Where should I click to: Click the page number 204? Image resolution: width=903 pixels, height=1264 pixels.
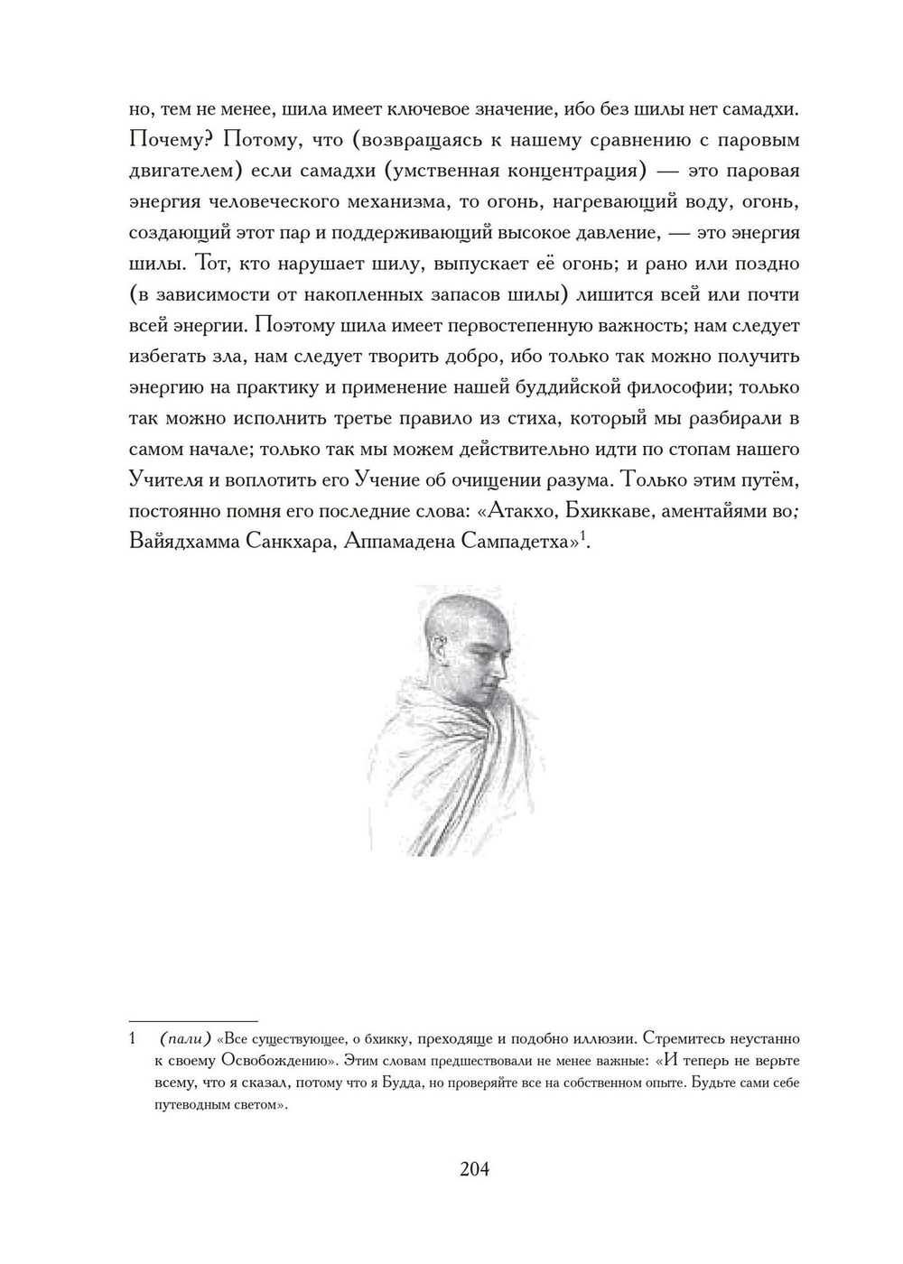[x=474, y=1169]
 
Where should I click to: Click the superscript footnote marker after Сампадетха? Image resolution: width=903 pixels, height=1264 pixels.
[x=583, y=536]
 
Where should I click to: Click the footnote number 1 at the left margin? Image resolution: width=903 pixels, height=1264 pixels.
[x=133, y=1039]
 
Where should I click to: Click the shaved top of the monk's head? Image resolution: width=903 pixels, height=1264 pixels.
[x=465, y=603]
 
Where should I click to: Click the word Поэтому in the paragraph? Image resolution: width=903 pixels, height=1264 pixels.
[x=296, y=326]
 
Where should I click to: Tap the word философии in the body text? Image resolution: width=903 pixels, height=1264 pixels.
[x=673, y=387]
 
